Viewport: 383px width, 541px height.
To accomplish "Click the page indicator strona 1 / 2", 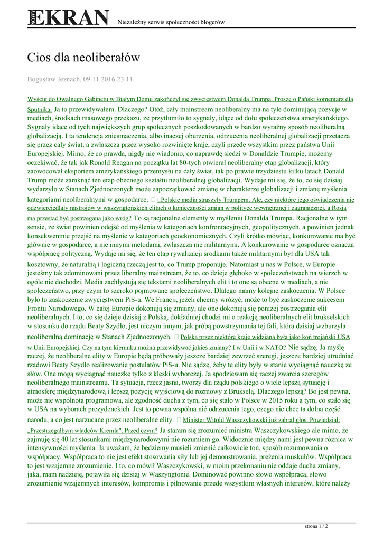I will pyautogui.click(x=316, y=526).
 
